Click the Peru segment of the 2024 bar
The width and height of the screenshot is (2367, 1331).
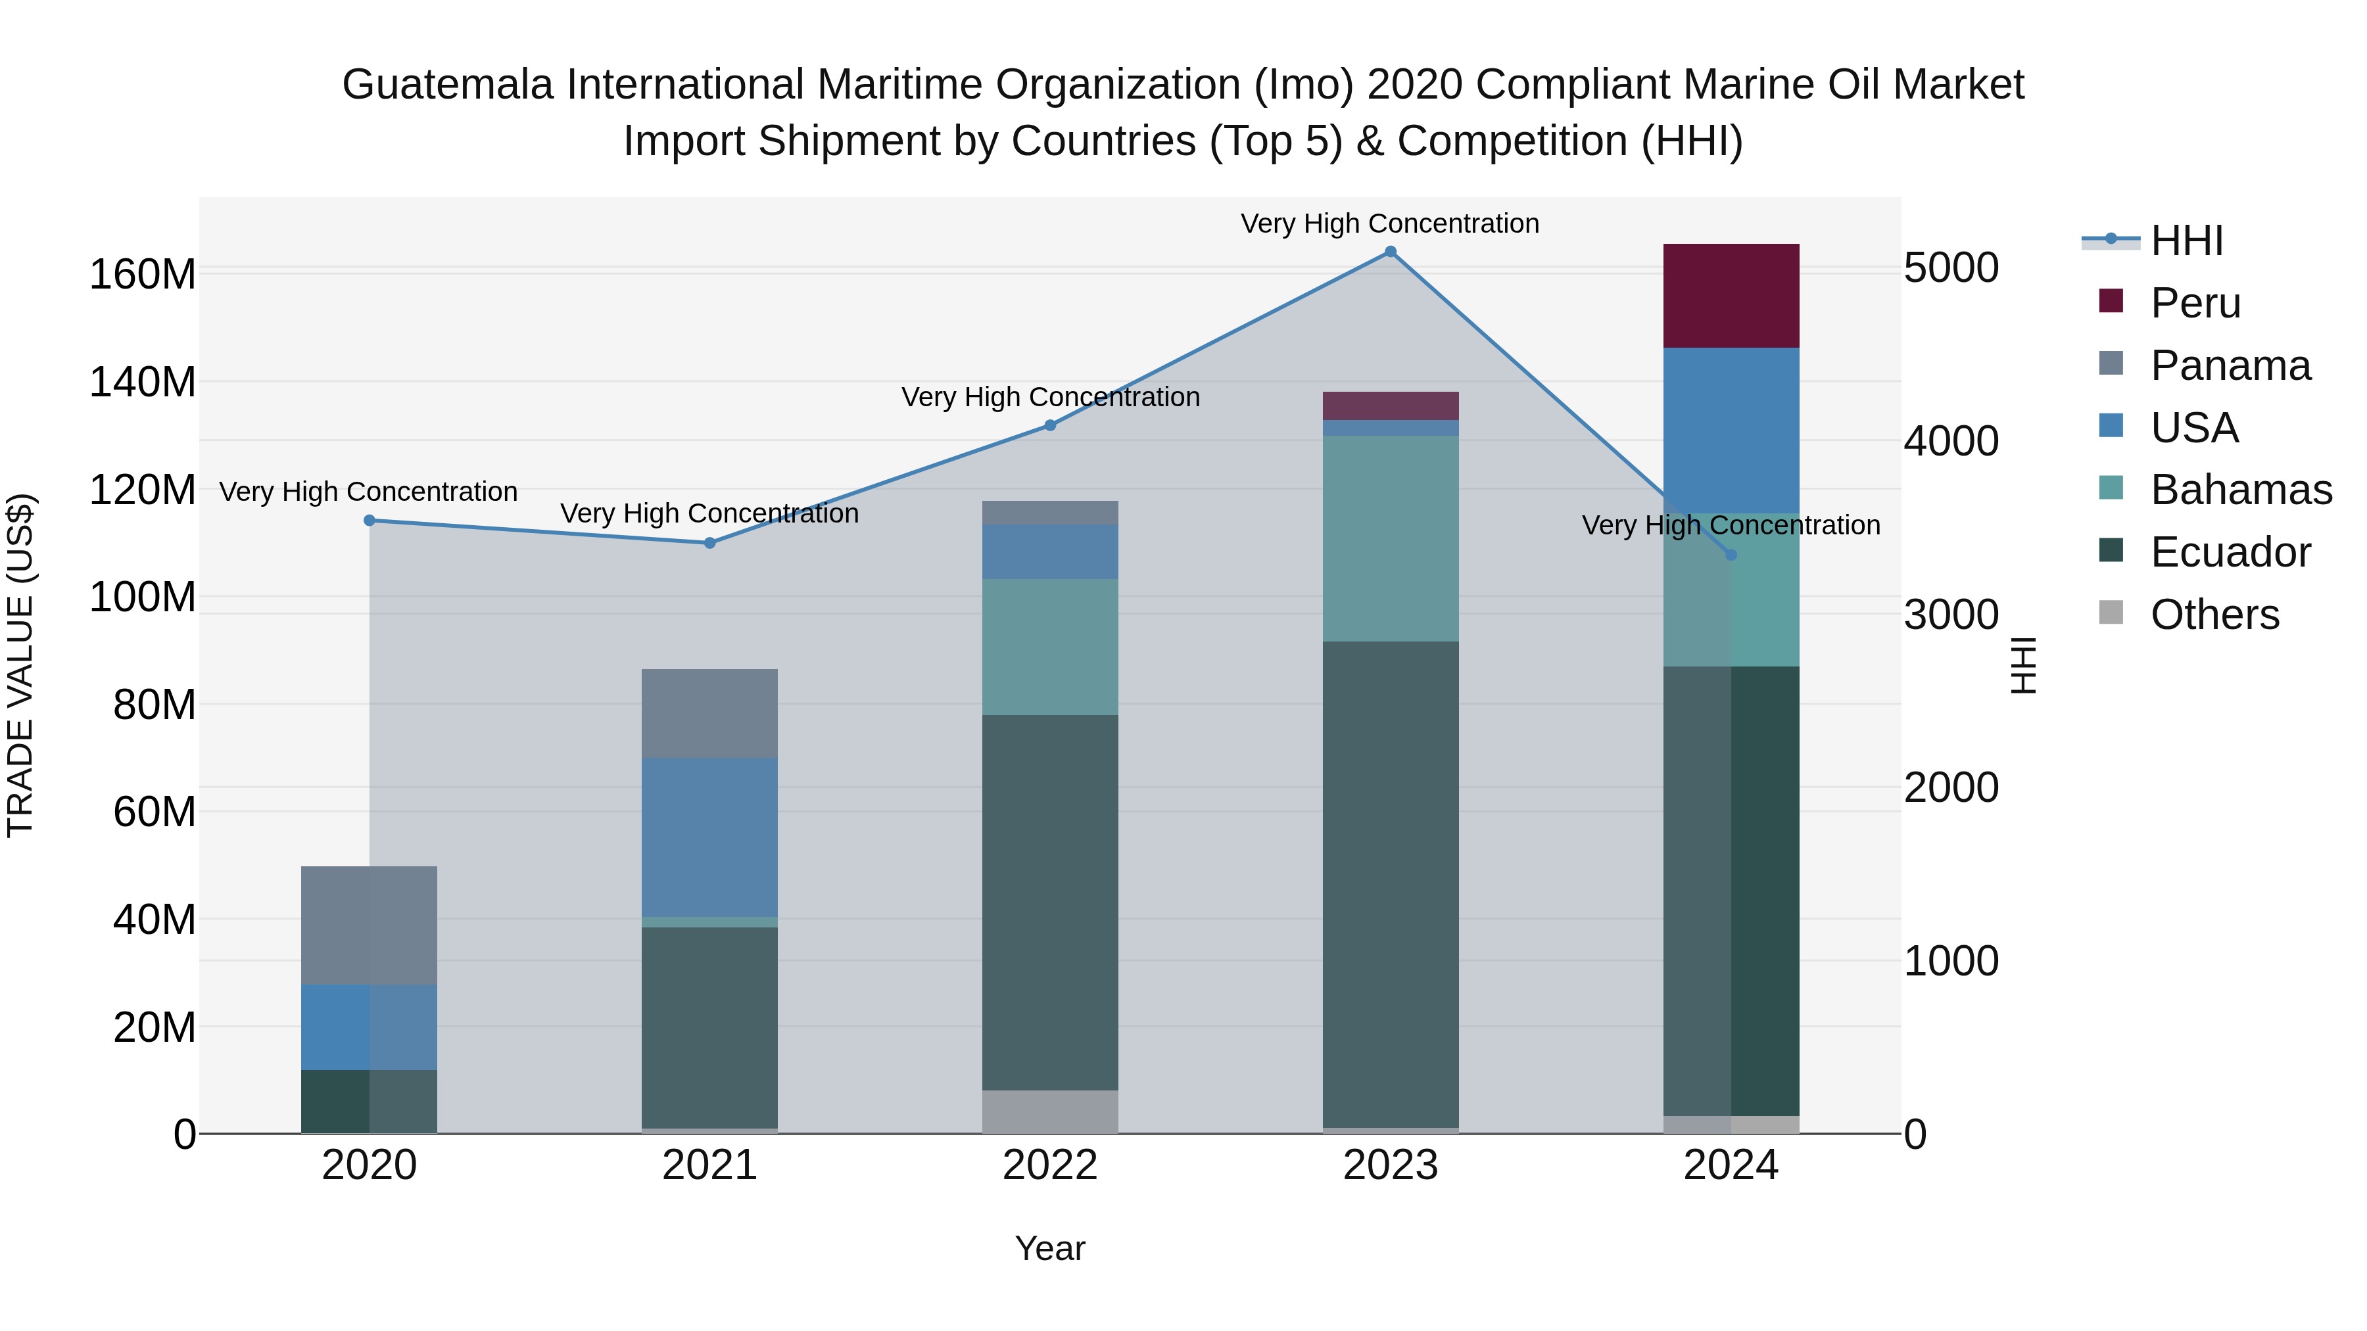click(x=1731, y=296)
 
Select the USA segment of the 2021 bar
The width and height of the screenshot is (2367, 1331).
click(x=709, y=837)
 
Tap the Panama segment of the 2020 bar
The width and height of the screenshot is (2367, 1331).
click(x=370, y=925)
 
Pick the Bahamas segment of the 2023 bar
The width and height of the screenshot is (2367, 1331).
click(x=1390, y=538)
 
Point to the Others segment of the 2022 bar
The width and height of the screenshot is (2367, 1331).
click(x=1050, y=1111)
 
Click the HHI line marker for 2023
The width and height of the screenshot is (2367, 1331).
click(x=1390, y=252)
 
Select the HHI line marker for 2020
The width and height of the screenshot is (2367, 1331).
click(x=370, y=521)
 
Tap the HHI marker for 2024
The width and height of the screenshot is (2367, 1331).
click(x=1731, y=555)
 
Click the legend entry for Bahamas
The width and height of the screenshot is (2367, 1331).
click(x=2240, y=490)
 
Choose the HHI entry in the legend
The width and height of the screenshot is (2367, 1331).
click(x=2186, y=241)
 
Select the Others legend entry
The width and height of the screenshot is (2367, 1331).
click(x=2214, y=615)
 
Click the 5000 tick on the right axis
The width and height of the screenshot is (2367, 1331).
click(x=1951, y=268)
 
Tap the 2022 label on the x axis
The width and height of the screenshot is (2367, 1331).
click(x=1050, y=1165)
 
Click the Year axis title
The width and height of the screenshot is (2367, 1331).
click(x=1049, y=1248)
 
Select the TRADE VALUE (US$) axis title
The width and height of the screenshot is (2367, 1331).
click(x=20, y=665)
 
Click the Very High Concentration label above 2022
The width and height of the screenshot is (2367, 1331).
click(x=1050, y=397)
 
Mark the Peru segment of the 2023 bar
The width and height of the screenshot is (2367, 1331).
click(x=1390, y=406)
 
